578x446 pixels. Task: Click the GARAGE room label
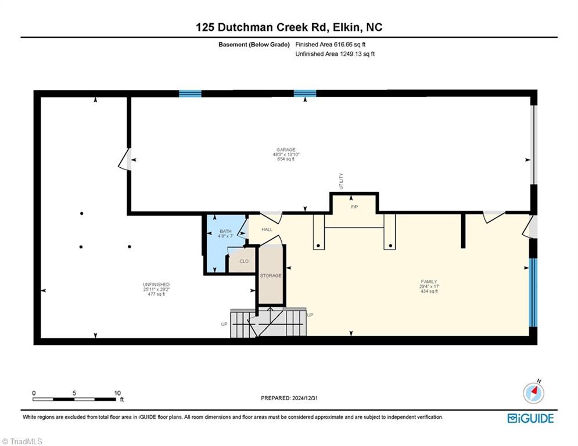(285, 150)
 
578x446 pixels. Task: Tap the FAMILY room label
(428, 282)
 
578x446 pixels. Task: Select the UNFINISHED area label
(156, 285)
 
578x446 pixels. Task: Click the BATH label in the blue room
(225, 231)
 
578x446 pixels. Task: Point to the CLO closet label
(244, 261)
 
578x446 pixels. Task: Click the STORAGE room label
(271, 275)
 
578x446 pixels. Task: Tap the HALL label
(267, 229)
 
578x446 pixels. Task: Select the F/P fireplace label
(354, 207)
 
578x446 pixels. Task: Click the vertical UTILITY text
(341, 181)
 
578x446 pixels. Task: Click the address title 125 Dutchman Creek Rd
(289, 27)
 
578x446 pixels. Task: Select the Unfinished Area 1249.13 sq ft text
(335, 55)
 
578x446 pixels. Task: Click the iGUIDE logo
(530, 418)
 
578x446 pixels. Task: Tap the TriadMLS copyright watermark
(22, 441)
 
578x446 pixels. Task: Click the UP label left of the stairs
(224, 324)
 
